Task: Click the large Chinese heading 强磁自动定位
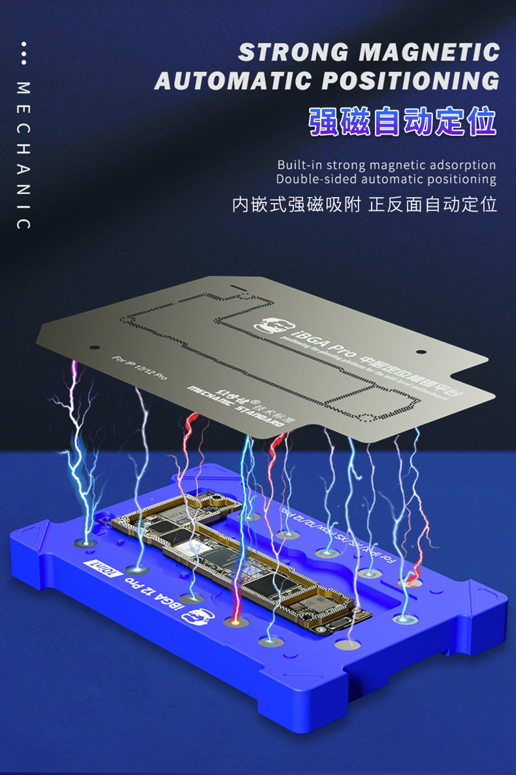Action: tap(402, 122)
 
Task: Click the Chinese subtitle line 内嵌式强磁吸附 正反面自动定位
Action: tap(364, 206)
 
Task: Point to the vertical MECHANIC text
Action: tap(23, 155)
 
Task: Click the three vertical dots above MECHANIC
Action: tap(23, 54)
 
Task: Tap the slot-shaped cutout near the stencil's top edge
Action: tap(237, 284)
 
